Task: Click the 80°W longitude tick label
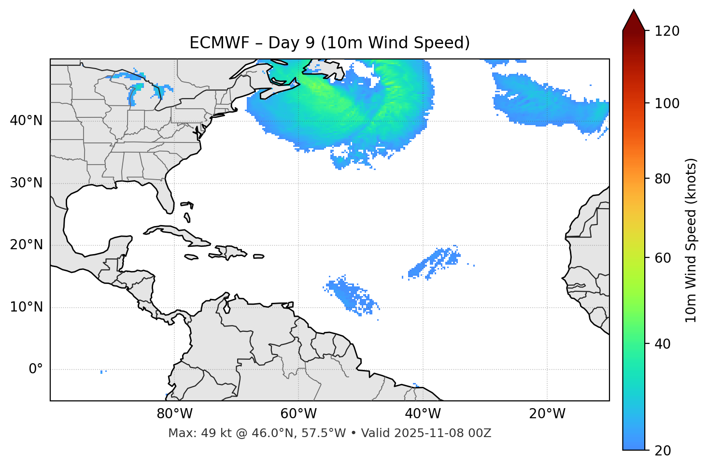click(x=174, y=414)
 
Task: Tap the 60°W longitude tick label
click(x=298, y=414)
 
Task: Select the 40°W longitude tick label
click(x=423, y=414)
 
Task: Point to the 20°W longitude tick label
click(x=547, y=414)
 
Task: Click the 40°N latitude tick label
click(x=26, y=121)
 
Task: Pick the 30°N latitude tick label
click(x=26, y=183)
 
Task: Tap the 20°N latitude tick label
click(x=26, y=245)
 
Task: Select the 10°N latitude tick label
click(x=26, y=307)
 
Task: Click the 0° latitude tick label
click(x=36, y=369)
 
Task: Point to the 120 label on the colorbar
click(x=667, y=31)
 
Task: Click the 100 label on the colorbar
click(x=667, y=103)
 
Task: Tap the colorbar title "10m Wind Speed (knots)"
click(x=691, y=240)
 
